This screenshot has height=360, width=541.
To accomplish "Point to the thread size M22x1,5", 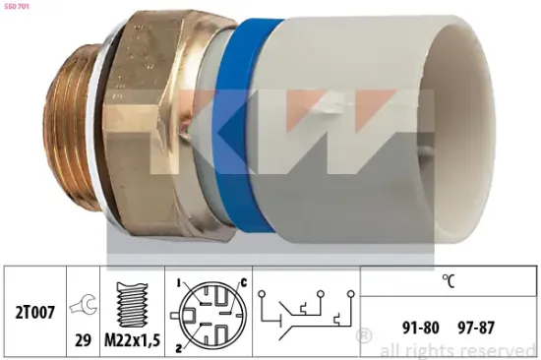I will pos(134,340).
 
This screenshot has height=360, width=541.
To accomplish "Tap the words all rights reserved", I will pos(457,349).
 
